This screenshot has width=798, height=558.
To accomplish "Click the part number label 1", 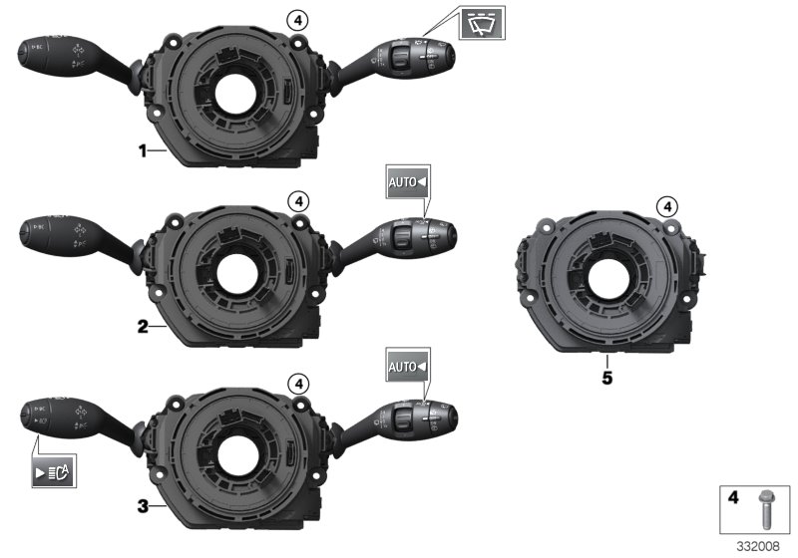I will click(143, 150).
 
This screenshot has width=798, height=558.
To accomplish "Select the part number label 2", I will click(143, 326).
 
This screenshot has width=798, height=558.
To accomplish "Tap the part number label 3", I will click(143, 506).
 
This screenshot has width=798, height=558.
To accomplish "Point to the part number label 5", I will click(606, 378).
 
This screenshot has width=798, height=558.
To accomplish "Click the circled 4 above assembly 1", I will click(296, 18).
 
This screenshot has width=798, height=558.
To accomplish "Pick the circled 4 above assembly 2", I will click(296, 200).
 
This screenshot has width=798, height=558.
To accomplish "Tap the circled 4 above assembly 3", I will click(296, 382).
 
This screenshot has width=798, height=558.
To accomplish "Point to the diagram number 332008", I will click(760, 547).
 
